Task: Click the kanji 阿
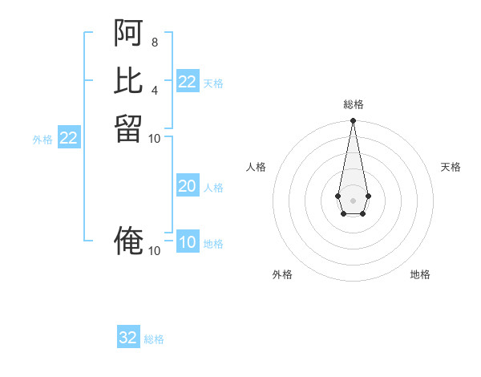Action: tap(129, 33)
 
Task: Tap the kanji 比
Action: tap(129, 80)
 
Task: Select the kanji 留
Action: tap(129, 128)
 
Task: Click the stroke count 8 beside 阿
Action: tap(154, 42)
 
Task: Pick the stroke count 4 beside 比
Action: tap(154, 89)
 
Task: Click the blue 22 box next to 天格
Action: tap(188, 82)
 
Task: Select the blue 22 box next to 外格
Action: tap(69, 138)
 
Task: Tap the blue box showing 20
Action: tap(188, 186)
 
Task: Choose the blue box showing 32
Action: tap(128, 338)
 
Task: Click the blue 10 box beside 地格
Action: tap(188, 243)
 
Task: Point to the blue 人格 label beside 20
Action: tap(213, 188)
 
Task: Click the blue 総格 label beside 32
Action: tap(154, 339)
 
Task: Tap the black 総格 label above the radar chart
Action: tap(353, 104)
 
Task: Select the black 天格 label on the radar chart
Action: tap(451, 167)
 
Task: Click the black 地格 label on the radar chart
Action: tap(420, 274)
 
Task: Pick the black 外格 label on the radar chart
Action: tap(282, 274)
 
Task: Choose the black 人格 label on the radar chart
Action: tap(257, 167)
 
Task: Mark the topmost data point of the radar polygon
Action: tap(353, 121)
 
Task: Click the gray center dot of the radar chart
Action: tap(353, 199)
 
